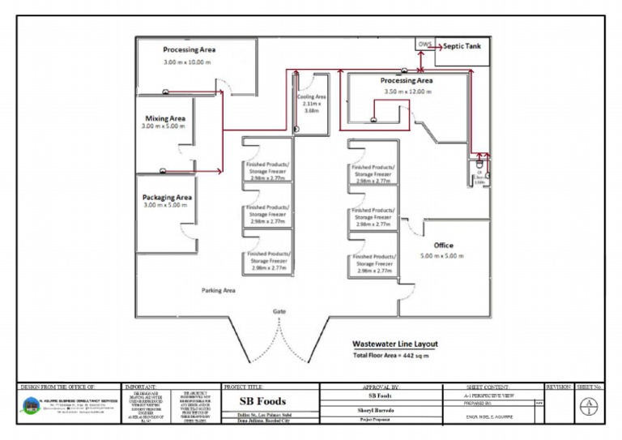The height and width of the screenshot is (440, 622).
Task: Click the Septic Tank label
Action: pyautogui.click(x=462, y=47)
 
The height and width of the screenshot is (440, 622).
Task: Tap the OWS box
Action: pyautogui.click(x=425, y=44)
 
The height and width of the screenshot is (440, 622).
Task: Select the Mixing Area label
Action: pyautogui.click(x=165, y=118)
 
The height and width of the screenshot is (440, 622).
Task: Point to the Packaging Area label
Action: pyautogui.click(x=167, y=197)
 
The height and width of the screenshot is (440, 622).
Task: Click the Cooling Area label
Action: pyautogui.click(x=311, y=96)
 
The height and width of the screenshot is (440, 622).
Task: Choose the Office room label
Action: pyautogui.click(x=443, y=245)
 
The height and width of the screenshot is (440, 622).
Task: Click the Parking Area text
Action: pyautogui.click(x=218, y=289)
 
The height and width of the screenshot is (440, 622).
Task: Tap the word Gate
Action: pyautogui.click(x=279, y=311)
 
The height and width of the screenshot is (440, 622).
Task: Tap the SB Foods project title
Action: pyautogui.click(x=262, y=402)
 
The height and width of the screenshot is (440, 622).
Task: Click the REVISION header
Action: pyautogui.click(x=560, y=387)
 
